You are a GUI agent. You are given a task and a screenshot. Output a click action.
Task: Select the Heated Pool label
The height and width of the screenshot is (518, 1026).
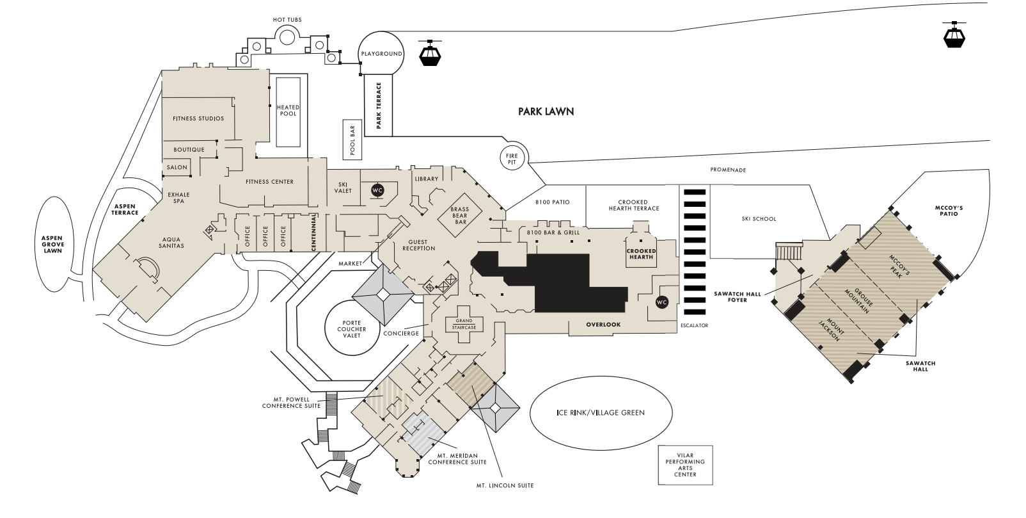click(288, 111)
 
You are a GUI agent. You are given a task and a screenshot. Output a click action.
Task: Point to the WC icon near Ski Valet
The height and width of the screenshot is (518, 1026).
click(377, 190)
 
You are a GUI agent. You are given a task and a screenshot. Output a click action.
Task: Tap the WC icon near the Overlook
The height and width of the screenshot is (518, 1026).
click(662, 302)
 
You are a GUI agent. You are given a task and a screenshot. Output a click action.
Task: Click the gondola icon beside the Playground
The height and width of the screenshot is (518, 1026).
click(430, 53)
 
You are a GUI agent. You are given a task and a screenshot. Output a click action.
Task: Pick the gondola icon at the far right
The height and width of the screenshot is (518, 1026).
click(954, 35)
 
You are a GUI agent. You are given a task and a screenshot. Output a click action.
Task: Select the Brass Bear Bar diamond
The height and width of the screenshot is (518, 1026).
click(460, 215)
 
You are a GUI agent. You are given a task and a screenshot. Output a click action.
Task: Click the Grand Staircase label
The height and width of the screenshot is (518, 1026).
click(464, 324)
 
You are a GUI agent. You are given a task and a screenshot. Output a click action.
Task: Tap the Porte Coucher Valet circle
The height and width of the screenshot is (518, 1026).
click(352, 328)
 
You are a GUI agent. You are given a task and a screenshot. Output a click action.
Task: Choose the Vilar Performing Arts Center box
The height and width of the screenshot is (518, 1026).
click(685, 465)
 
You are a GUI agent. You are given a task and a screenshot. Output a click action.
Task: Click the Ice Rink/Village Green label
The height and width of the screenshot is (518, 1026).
click(601, 412)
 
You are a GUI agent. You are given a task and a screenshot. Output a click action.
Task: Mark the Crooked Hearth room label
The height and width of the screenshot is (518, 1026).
click(641, 254)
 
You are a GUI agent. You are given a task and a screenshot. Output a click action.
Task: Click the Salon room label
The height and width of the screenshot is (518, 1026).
click(177, 167)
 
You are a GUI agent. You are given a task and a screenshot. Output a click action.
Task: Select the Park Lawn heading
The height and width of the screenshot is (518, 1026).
click(546, 111)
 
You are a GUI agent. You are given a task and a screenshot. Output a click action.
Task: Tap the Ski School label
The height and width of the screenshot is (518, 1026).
click(759, 219)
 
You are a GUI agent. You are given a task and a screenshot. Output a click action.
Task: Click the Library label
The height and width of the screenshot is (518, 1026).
click(427, 179)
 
